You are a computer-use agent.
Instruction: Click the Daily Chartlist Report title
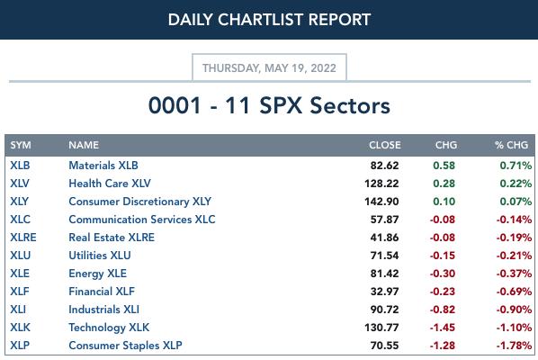click(x=269, y=20)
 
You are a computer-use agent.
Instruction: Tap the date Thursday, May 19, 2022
click(x=269, y=68)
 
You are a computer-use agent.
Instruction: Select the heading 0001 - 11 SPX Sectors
click(x=269, y=105)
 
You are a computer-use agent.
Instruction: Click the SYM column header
click(x=21, y=145)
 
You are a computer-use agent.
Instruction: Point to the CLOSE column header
click(x=385, y=145)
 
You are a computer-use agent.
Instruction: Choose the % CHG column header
click(x=511, y=145)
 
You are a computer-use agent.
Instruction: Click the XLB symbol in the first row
click(x=20, y=166)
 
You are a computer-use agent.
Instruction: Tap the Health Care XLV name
click(x=110, y=184)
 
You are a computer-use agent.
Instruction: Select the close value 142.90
click(x=381, y=202)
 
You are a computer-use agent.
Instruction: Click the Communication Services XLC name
click(x=142, y=220)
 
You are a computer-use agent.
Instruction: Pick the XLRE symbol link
click(x=23, y=238)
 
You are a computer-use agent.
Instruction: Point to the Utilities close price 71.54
click(x=384, y=256)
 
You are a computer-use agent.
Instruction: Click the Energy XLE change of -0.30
click(x=443, y=274)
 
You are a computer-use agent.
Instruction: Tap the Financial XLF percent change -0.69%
click(x=514, y=292)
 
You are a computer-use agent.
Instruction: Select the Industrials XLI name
click(x=104, y=310)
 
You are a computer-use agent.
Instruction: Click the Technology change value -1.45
click(x=443, y=328)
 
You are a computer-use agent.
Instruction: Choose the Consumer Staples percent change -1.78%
click(x=514, y=346)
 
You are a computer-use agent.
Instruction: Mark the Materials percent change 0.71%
click(x=516, y=166)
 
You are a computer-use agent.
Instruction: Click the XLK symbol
click(x=21, y=328)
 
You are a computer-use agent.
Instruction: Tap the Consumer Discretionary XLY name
click(x=140, y=202)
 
